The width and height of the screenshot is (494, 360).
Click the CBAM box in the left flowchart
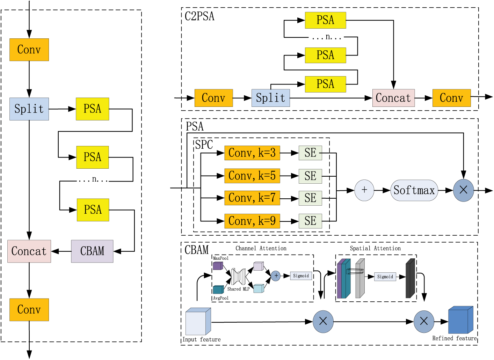click(92, 251)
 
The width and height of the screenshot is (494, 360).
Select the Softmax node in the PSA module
click(414, 190)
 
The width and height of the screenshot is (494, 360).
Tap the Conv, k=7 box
click(252, 198)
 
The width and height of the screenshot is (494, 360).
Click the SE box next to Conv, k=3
click(310, 153)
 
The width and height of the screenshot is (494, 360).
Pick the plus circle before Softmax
click(364, 190)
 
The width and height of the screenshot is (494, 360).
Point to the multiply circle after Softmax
click(463, 190)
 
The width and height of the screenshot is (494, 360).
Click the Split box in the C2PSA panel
click(271, 98)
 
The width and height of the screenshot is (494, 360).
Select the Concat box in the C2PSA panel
click(393, 98)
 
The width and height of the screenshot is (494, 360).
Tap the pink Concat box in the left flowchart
click(29, 251)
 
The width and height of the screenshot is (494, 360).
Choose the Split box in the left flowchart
click(29, 109)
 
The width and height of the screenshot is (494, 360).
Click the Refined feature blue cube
click(460, 320)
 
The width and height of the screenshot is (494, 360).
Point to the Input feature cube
click(198, 322)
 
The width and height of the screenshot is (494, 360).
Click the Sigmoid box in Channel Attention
click(301, 276)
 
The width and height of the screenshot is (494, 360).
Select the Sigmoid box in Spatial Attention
click(385, 277)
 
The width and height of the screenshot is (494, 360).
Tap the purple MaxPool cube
click(218, 266)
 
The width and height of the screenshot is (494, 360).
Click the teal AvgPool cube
click(218, 289)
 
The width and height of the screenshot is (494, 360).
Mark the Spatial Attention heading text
click(375, 248)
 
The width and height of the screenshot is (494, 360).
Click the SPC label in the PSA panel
click(204, 145)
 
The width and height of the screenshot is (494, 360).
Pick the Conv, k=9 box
click(252, 221)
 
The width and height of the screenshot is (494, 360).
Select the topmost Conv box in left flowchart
click(29, 50)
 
